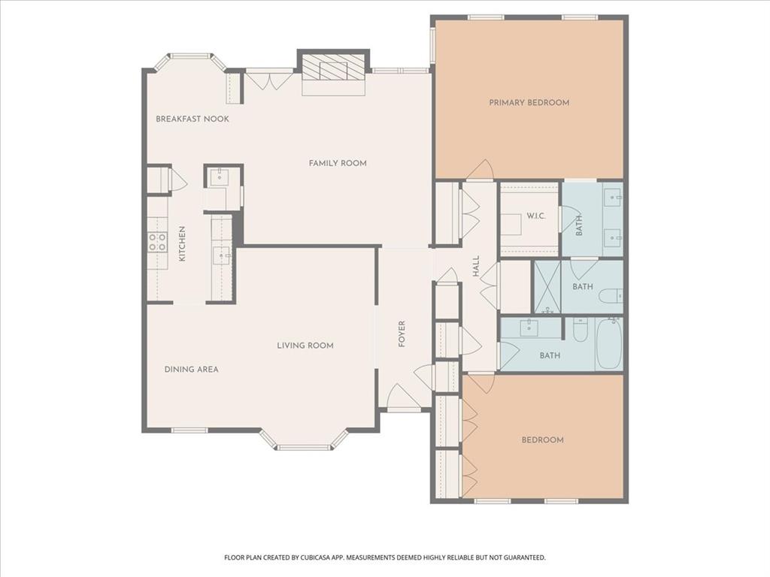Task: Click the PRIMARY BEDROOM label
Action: (529, 102)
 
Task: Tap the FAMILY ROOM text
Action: (338, 163)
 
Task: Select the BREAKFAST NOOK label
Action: (192, 119)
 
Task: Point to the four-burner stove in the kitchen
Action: (157, 241)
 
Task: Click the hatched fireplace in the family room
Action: (334, 69)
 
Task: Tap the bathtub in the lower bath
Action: (609, 344)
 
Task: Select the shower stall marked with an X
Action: (547, 286)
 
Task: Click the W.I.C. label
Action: (536, 216)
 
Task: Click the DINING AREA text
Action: (192, 369)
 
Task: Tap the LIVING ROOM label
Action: (305, 346)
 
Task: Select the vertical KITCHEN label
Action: (182, 244)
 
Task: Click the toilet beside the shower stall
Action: (610, 295)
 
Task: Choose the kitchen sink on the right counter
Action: (223, 255)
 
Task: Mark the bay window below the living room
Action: (304, 443)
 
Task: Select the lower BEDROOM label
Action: (542, 440)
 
